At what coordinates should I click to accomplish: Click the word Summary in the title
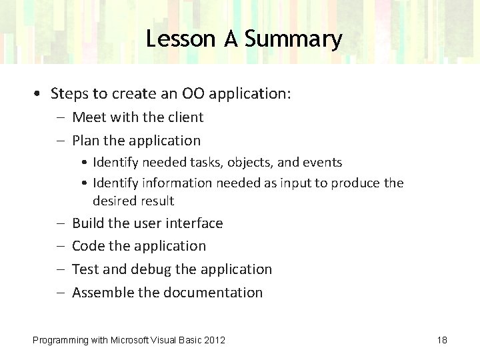click(x=293, y=39)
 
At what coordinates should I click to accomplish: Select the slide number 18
click(x=442, y=340)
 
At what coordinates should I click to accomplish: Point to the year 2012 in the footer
click(x=214, y=340)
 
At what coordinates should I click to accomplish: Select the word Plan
click(x=85, y=141)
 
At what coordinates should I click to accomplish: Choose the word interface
click(x=194, y=223)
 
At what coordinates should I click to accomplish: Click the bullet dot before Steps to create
click(x=41, y=94)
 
